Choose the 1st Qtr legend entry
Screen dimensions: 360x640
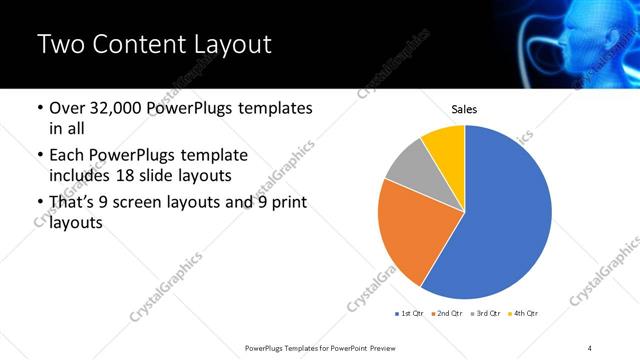(411, 314)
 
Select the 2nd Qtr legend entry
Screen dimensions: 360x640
(447, 314)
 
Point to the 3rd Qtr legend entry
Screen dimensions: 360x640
(485, 314)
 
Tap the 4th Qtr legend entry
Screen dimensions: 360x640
(523, 314)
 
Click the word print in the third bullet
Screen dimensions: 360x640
(285, 203)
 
